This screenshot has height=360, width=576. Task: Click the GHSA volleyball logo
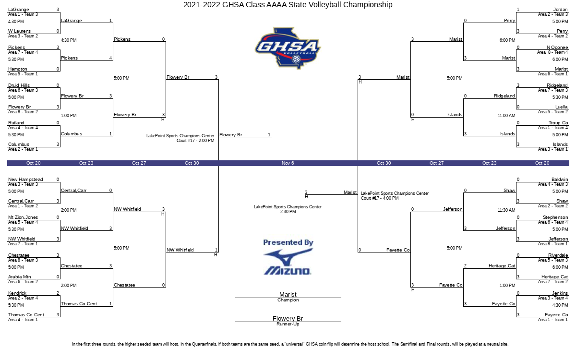tap(288, 48)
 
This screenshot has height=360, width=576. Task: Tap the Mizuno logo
tap(288, 262)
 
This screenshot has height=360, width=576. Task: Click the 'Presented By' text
tap(288, 242)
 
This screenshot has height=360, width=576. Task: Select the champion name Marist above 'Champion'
tap(288, 294)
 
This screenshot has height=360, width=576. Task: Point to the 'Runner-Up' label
tap(288, 324)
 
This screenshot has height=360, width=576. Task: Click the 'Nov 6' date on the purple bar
tap(288, 163)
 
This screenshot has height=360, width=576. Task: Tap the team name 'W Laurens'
tap(19, 31)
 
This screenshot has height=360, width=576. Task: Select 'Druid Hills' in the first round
tap(19, 85)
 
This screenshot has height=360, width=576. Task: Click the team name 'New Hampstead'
tap(25, 180)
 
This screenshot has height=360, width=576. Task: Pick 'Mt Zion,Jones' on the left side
tap(23, 217)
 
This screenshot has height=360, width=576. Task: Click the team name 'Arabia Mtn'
tap(20, 277)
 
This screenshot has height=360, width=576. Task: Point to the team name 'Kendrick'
tap(17, 293)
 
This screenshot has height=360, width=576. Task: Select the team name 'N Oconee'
tap(557, 48)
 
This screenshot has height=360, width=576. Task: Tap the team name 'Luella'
tap(561, 107)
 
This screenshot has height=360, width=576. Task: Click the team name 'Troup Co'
tap(558, 123)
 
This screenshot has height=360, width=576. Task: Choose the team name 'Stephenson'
tap(555, 217)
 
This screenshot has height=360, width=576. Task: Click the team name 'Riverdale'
tap(558, 255)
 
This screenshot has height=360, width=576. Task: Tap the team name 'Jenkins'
tap(560, 293)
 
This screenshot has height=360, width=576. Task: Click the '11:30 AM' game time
tap(506, 210)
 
